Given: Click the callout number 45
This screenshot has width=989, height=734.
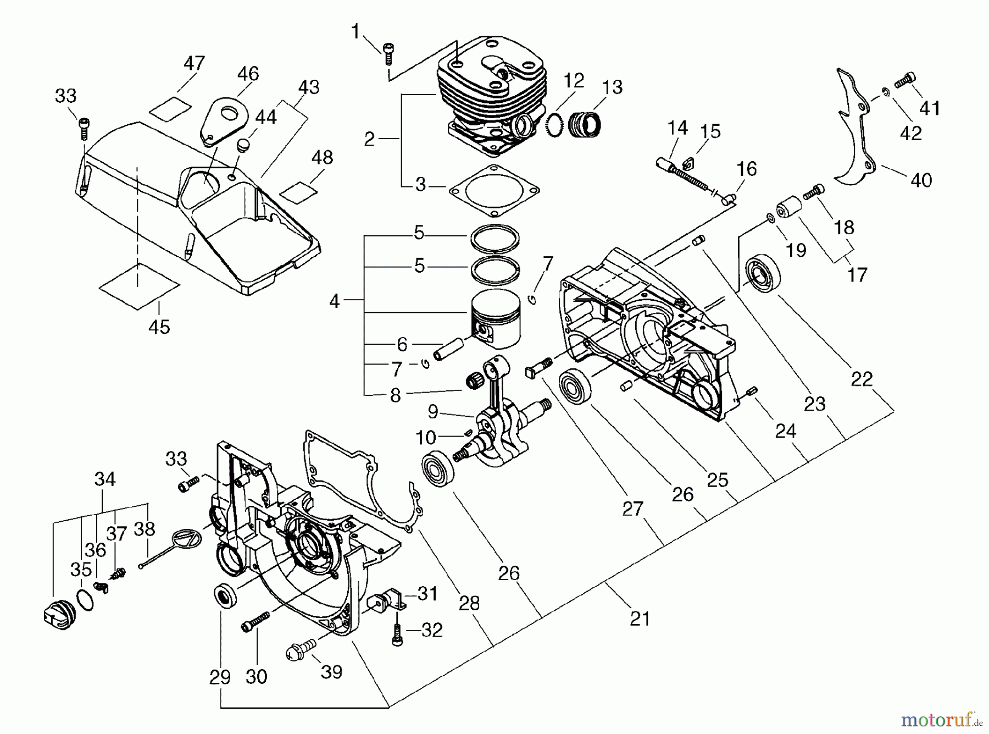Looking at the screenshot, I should [159, 327].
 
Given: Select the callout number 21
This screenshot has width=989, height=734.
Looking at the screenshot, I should [640, 619].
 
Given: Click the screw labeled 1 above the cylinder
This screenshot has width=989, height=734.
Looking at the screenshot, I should [388, 50].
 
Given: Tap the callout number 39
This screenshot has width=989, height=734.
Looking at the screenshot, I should [331, 671].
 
